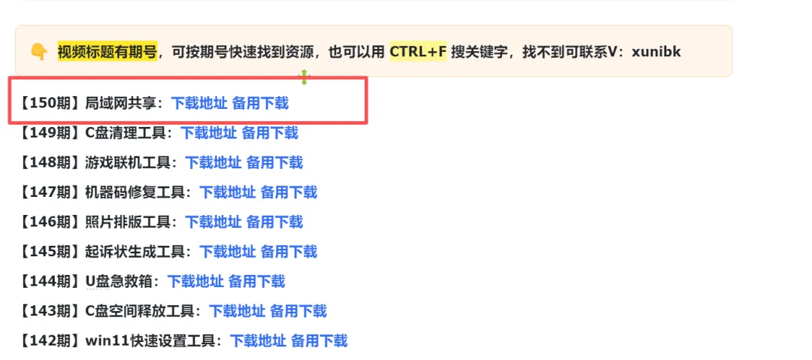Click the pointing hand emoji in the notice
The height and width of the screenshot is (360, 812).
pyautogui.click(x=39, y=52)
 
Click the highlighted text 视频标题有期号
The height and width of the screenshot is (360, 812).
pyautogui.click(x=108, y=52)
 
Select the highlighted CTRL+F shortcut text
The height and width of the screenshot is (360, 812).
pyautogui.click(x=418, y=52)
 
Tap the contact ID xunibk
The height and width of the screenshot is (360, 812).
pyautogui.click(x=656, y=52)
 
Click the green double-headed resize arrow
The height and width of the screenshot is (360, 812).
pyautogui.click(x=304, y=77)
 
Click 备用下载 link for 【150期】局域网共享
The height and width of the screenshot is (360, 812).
pyautogui.click(x=260, y=104)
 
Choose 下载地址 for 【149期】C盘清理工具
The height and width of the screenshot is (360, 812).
pyautogui.click(x=208, y=133)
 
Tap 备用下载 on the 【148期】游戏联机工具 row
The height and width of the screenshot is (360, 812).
pyautogui.click(x=274, y=162)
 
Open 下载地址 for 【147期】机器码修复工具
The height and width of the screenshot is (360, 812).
pyautogui.click(x=227, y=192)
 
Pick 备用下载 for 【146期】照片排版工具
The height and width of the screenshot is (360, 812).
pyautogui.click(x=274, y=222)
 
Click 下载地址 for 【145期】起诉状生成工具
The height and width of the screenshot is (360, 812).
pyautogui.click(x=227, y=252)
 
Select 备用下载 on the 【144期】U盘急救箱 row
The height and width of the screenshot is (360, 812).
pyautogui.click(x=256, y=281)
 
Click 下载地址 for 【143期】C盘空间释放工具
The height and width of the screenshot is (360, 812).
pyautogui.click(x=237, y=311)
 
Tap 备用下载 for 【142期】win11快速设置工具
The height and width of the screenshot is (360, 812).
pyautogui.click(x=319, y=340)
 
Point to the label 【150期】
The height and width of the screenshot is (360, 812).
pyautogui.click(x=50, y=104)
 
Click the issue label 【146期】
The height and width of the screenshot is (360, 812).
pyautogui.click(x=50, y=222)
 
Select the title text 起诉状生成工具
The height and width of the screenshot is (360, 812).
pyautogui.click(x=135, y=252)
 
